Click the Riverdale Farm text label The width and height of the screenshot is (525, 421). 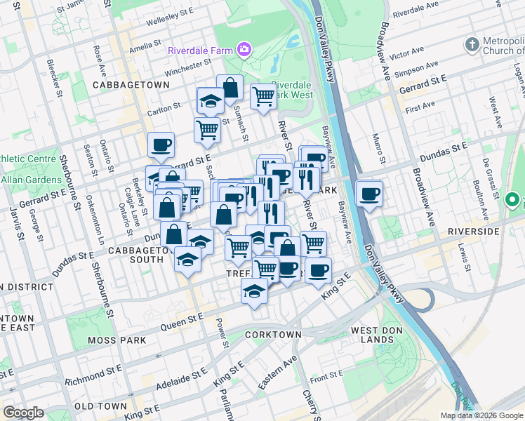[201, 51]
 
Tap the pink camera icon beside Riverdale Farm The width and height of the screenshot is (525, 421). [244, 49]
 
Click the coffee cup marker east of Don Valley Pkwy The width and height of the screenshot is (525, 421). [369, 194]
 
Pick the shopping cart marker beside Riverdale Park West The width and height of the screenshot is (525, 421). [263, 96]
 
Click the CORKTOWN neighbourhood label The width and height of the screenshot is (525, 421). [273, 335]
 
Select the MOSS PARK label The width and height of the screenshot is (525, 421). [117, 340]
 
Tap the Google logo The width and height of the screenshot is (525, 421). [24, 413]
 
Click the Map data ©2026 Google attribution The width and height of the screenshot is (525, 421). [481, 415]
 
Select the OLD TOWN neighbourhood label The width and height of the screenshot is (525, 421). [100, 406]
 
